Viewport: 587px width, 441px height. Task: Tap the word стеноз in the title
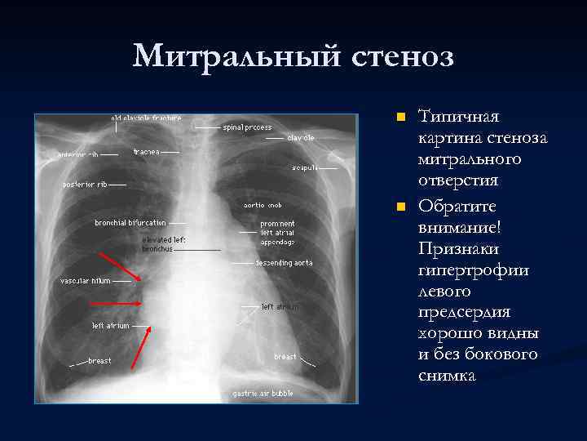pyautogui.click(x=403, y=56)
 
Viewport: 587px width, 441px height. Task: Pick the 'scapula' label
pyautogui.click(x=304, y=167)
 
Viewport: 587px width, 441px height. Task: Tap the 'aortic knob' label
pyautogui.click(x=263, y=204)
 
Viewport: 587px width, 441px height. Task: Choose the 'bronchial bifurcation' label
pyautogui.click(x=130, y=222)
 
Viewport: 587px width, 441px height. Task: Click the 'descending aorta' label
pyautogui.click(x=284, y=263)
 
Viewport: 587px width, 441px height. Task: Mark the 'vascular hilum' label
pyautogui.click(x=85, y=280)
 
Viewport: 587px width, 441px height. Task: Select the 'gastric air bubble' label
pyautogui.click(x=263, y=393)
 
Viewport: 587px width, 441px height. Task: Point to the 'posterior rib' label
pyautogui.click(x=85, y=184)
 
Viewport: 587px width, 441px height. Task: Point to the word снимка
pyautogui.click(x=446, y=376)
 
